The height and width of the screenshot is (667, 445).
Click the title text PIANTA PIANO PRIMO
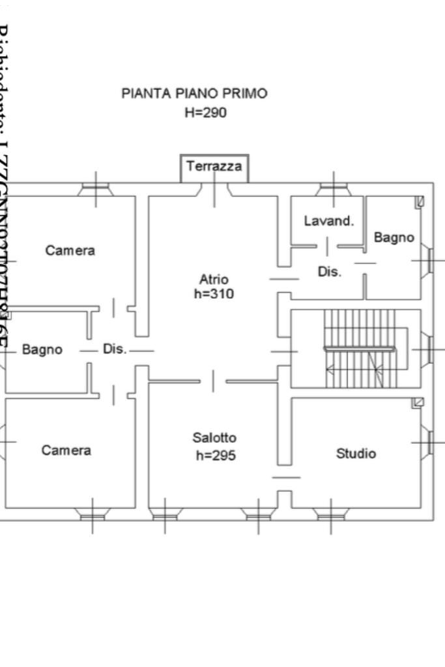(x=194, y=93)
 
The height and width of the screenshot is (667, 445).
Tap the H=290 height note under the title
(x=205, y=113)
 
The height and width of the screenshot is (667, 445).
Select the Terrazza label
(x=214, y=166)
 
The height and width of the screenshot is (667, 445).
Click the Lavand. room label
(x=329, y=221)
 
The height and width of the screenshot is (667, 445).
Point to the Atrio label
(x=214, y=280)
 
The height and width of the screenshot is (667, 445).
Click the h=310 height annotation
(x=214, y=294)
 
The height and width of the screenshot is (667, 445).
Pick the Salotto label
(x=214, y=437)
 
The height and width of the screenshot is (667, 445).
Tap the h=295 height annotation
(x=216, y=455)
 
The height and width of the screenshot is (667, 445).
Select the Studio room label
(x=356, y=453)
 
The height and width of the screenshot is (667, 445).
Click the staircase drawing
(x=360, y=349)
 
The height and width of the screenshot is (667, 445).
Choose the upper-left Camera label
(x=70, y=250)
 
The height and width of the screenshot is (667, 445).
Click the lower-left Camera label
(x=66, y=451)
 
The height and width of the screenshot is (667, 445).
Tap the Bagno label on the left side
(x=42, y=349)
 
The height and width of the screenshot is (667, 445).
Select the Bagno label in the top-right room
(x=394, y=237)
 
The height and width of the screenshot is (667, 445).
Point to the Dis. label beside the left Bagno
(x=115, y=349)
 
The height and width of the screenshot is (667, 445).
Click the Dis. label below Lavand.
(x=329, y=272)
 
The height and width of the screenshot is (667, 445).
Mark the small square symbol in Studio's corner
(x=418, y=404)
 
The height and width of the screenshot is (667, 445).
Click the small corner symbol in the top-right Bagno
(x=420, y=201)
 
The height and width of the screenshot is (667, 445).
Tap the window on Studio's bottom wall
(x=331, y=515)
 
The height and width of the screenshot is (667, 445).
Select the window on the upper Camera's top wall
(x=95, y=189)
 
